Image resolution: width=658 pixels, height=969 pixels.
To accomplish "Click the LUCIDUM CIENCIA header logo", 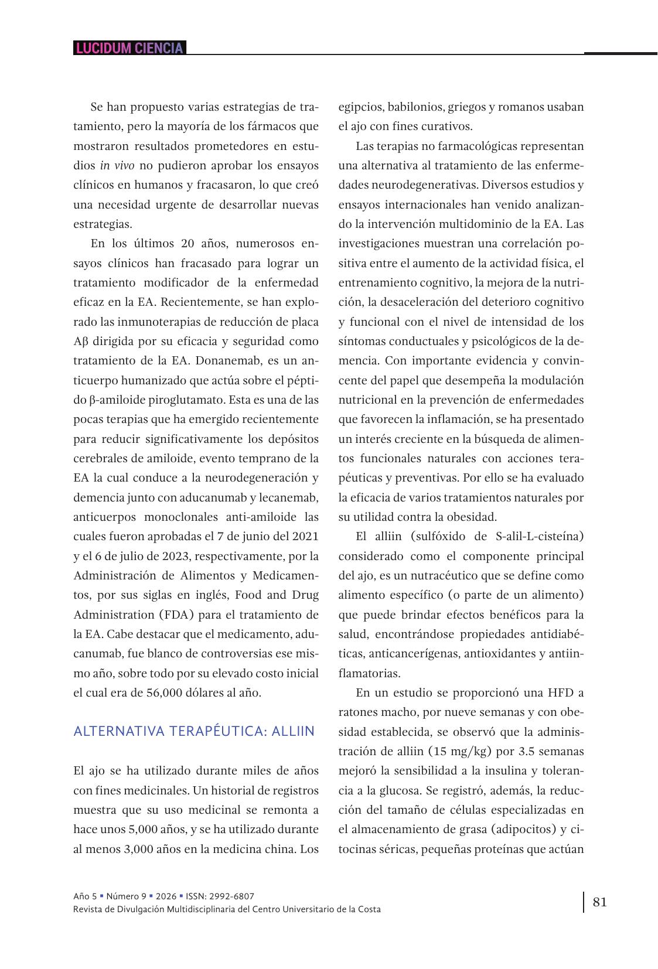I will coord(129,48).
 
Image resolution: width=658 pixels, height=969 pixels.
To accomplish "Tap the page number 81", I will coord(599,902).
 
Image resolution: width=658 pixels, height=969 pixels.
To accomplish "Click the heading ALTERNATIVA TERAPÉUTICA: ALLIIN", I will coord(194,731).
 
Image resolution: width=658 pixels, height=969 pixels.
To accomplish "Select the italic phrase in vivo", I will coord(117,165).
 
